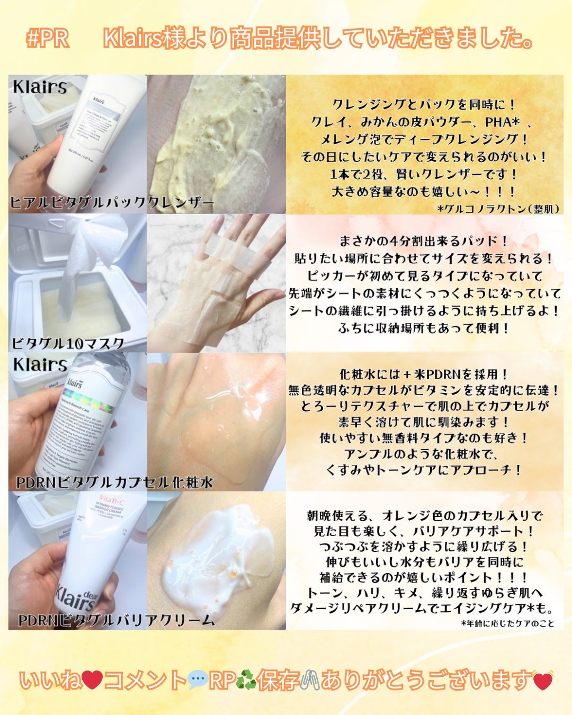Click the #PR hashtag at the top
pyautogui.click(x=48, y=39)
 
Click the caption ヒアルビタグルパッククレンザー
pyautogui.click(x=112, y=202)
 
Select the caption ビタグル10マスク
pyautogui.click(x=68, y=343)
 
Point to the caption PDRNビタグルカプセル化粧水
pyautogui.click(x=114, y=482)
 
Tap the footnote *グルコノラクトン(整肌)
pyautogui.click(x=498, y=209)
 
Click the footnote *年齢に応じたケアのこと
pyautogui.click(x=507, y=623)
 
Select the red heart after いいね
pyautogui.click(x=92, y=680)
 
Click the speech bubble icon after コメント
pyautogui.click(x=198, y=680)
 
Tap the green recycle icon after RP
pyautogui.click(x=246, y=680)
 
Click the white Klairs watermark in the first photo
pyautogui.click(x=40, y=87)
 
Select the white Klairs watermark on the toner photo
pyautogui.click(x=40, y=364)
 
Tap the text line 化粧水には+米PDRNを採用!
pyautogui.click(x=424, y=374)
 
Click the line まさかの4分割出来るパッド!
pyautogui.click(x=424, y=241)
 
